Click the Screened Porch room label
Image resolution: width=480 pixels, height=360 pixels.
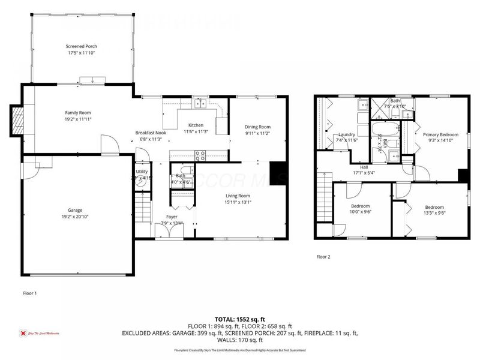point(81,46)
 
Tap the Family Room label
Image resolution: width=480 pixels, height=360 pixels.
point(78,112)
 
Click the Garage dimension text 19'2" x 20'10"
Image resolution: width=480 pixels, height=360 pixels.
point(75,217)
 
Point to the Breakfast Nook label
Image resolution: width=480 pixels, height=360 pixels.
point(150,133)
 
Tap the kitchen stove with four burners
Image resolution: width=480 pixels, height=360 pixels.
point(200,154)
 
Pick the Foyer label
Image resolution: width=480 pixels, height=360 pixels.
point(173,217)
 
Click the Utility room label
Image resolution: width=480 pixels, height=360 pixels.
point(143,172)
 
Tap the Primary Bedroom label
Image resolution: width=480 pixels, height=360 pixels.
point(440,135)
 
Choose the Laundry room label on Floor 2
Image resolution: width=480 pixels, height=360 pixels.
point(347,134)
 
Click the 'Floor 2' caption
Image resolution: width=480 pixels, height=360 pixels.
point(323,256)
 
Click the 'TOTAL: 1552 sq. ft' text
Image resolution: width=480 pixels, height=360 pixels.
point(240,319)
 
